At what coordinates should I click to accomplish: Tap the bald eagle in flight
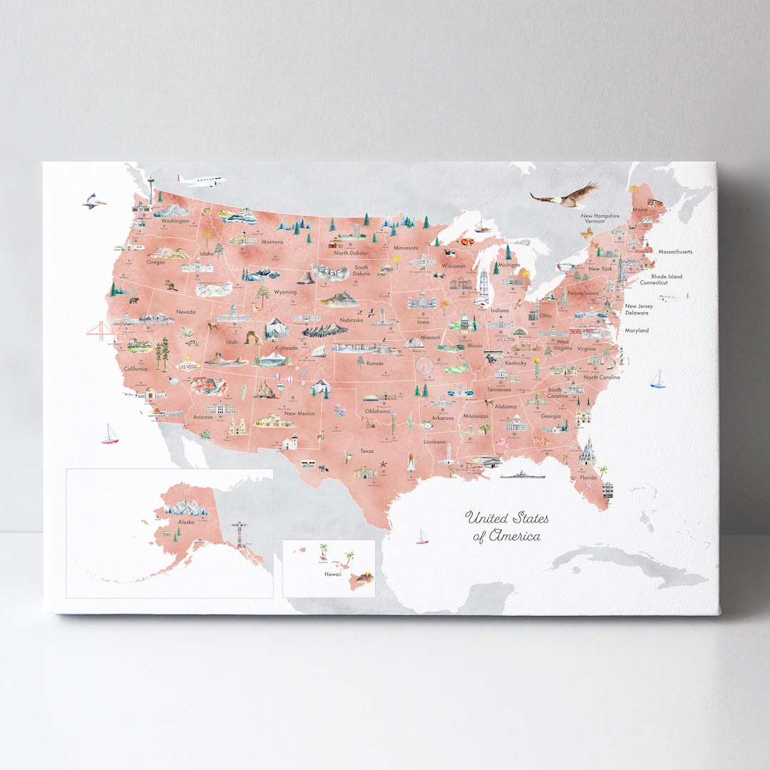click(x=565, y=195)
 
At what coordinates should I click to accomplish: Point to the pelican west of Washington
click(x=93, y=202)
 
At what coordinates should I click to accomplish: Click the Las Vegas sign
click(x=188, y=365)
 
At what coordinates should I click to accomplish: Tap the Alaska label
click(x=186, y=522)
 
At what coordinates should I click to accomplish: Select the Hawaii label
click(x=332, y=573)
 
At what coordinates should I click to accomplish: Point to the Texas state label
click(x=366, y=451)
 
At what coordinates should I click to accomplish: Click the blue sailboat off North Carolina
click(x=658, y=380)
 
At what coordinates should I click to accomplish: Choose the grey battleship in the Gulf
click(x=522, y=474)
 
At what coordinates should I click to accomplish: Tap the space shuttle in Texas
click(x=413, y=463)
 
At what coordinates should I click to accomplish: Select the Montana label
click(x=272, y=242)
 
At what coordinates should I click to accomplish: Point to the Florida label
click(x=588, y=478)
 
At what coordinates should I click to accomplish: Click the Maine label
click(x=640, y=210)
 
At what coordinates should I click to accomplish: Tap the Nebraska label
click(x=351, y=320)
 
